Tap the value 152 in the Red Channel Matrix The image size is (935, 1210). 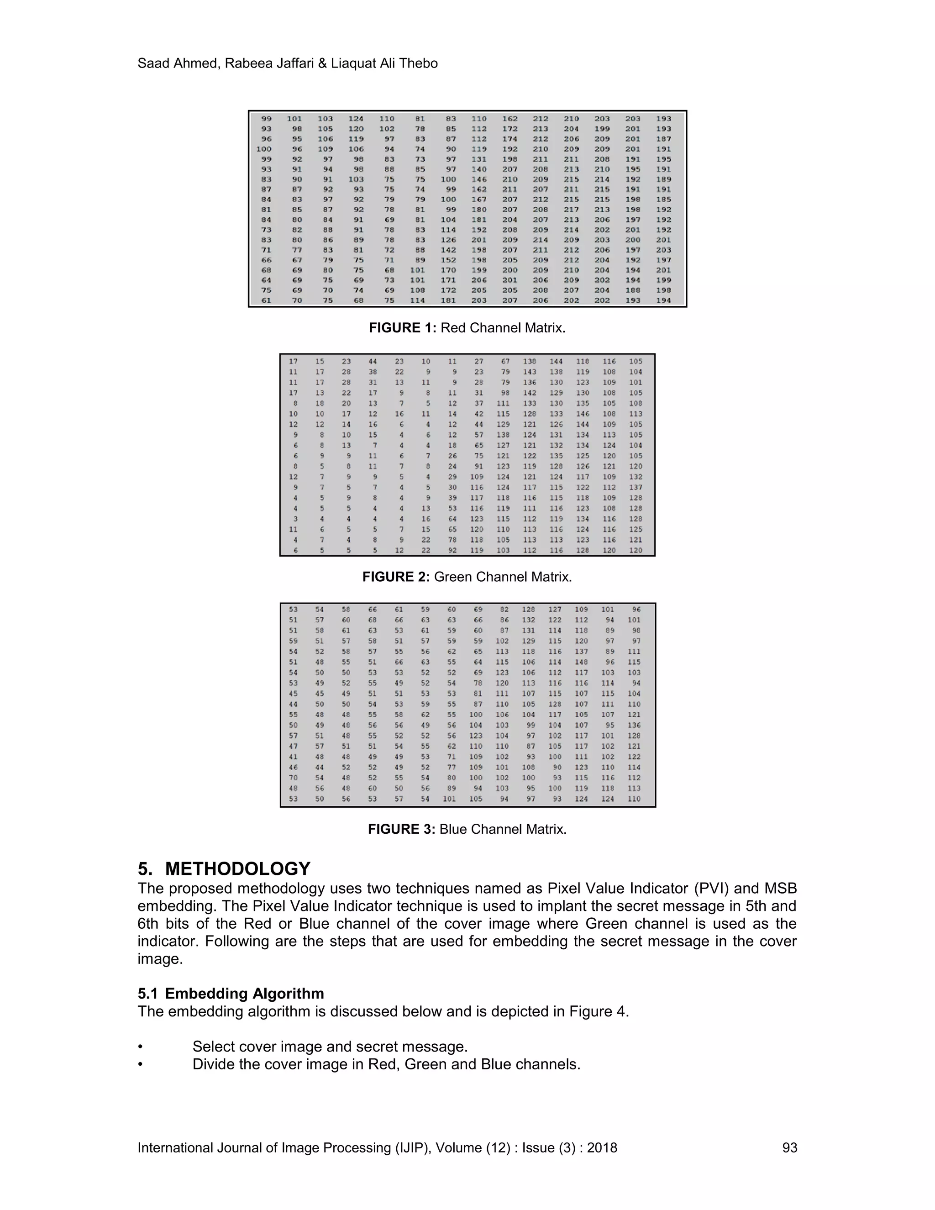(448, 260)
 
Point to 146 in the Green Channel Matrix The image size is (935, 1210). (583, 414)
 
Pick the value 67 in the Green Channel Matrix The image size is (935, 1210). (505, 361)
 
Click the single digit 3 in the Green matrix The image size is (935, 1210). (295, 519)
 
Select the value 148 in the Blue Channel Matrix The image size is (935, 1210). (581, 662)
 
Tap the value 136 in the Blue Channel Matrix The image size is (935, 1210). (634, 725)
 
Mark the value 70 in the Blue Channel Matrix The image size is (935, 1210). (293, 778)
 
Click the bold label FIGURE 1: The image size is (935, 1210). (403, 328)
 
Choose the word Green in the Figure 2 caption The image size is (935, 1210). (452, 577)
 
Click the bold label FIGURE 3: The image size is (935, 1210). (402, 829)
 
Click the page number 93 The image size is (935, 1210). (789, 1148)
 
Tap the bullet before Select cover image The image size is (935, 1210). (141, 1047)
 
